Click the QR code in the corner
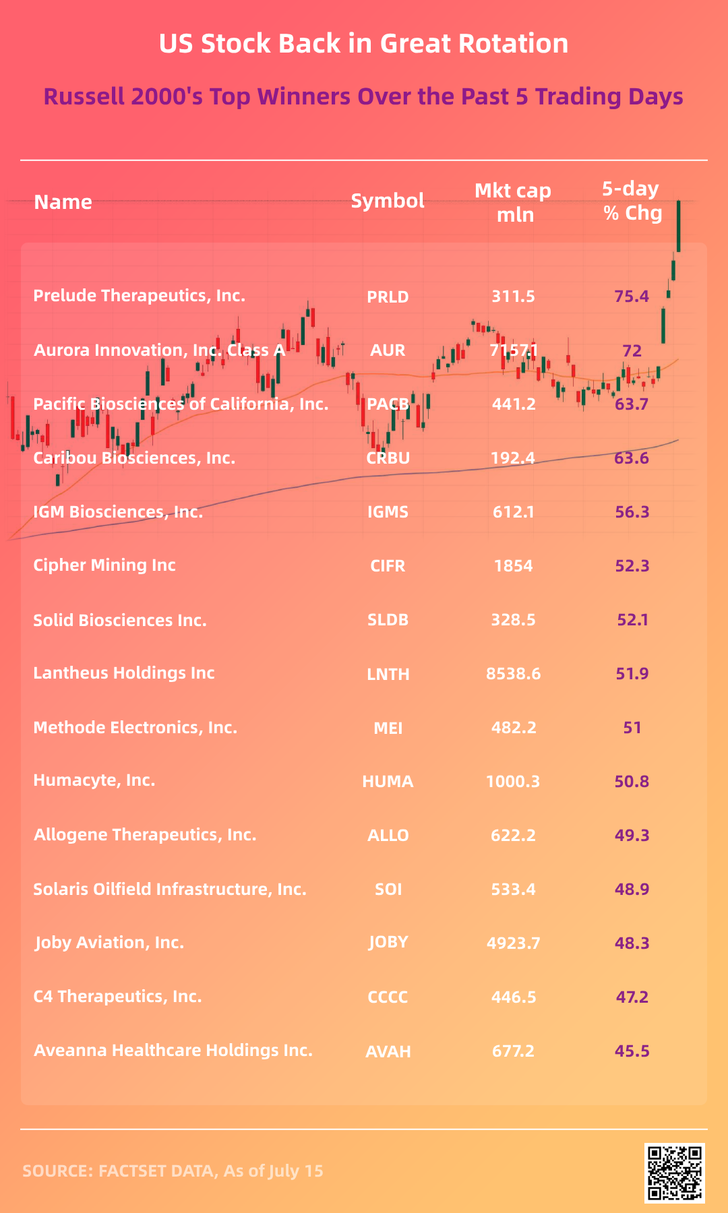click(x=675, y=1173)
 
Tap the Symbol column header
click(x=388, y=201)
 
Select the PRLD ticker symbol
click(x=388, y=297)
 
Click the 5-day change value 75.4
click(x=632, y=297)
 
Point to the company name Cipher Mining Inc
click(x=104, y=565)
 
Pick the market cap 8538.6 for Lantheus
click(x=513, y=674)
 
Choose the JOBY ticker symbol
click(x=388, y=942)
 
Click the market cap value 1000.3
click(x=513, y=782)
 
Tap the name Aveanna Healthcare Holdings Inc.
click(x=173, y=1051)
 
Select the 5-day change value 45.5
click(x=632, y=1051)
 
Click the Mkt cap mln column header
click(x=514, y=202)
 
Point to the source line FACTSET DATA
click(x=173, y=1171)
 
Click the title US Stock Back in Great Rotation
click(x=364, y=44)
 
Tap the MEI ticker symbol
click(x=388, y=728)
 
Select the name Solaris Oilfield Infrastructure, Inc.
click(x=170, y=890)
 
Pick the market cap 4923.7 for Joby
click(x=513, y=943)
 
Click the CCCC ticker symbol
click(x=388, y=997)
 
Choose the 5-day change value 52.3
click(x=632, y=566)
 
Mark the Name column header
click(x=63, y=202)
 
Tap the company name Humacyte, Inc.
click(x=94, y=780)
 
